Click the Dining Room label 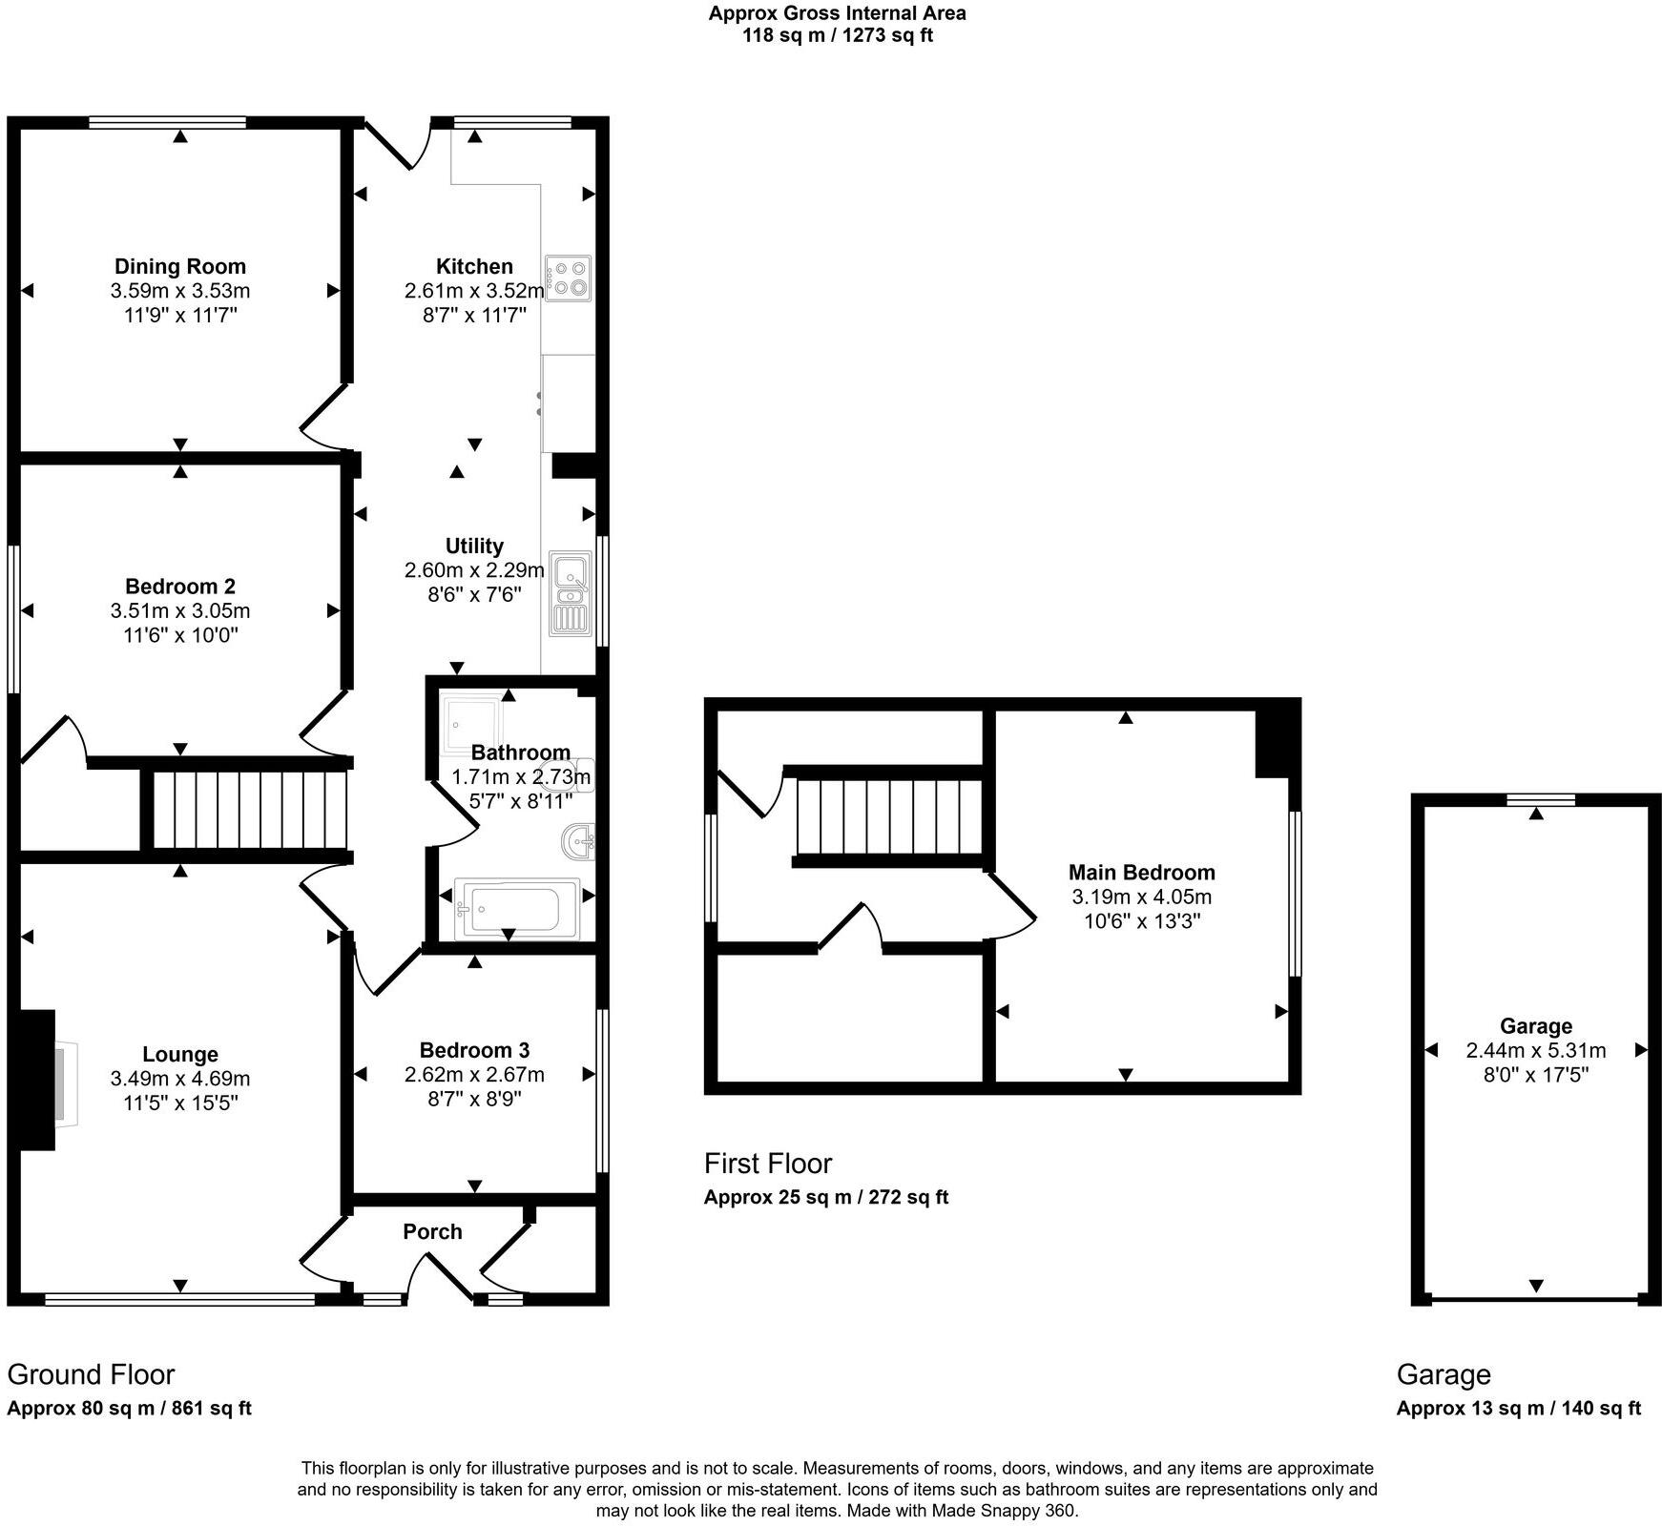[x=179, y=266]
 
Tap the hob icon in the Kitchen [x=569, y=278]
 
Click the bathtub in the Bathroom [x=516, y=908]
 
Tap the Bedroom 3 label [x=474, y=1050]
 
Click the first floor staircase [x=889, y=816]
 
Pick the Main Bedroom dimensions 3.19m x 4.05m [x=1141, y=897]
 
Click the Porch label [x=432, y=1231]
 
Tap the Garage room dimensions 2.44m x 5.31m [x=1535, y=1050]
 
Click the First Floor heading [x=767, y=1163]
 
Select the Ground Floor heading [x=91, y=1374]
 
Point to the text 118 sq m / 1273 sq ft [x=837, y=36]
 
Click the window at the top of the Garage [x=1535, y=800]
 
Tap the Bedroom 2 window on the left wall [x=13, y=618]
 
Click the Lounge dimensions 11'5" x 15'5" [x=179, y=1103]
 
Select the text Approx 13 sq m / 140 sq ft [x=1518, y=1408]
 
